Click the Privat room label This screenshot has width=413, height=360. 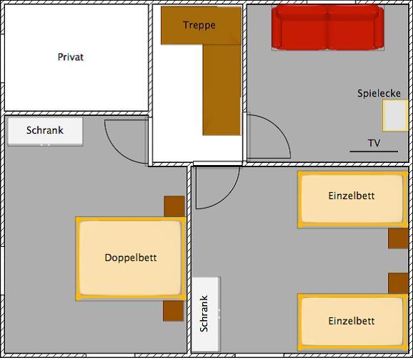tap(70, 57)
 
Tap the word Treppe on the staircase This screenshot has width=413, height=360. tap(199, 26)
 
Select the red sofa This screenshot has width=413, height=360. tap(328, 28)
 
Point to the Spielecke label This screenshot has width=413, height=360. tap(379, 93)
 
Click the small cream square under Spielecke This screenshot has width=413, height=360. tap(395, 115)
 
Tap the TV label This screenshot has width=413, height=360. tap(374, 143)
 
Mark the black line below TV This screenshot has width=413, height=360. tap(374, 152)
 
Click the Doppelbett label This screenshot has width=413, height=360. tap(130, 258)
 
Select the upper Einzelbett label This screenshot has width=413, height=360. tap(351, 196)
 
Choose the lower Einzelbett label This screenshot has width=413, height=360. tap(351, 321)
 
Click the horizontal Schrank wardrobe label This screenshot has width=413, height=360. tap(45, 130)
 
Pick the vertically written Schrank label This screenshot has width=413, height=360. tap(204, 314)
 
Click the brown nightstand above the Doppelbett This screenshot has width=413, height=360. tap(174, 206)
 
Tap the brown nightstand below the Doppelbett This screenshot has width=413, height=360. tap(173, 311)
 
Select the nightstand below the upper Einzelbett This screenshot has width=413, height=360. tap(398, 238)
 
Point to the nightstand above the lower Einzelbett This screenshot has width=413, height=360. tap(398, 283)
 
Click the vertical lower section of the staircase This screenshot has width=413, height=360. tap(221, 90)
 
